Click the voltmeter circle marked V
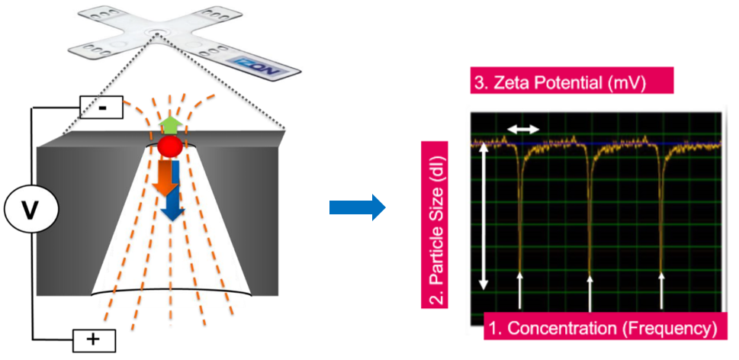tap(31, 213)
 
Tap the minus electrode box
tap(101, 108)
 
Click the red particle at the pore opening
tap(170, 146)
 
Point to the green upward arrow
tap(170, 127)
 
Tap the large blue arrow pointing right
tap(357, 207)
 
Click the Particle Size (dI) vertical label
tap(434, 225)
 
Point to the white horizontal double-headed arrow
tap(522, 129)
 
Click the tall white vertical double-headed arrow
tap(483, 217)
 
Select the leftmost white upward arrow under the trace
tap(520, 291)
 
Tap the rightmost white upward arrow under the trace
tap(661, 291)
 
